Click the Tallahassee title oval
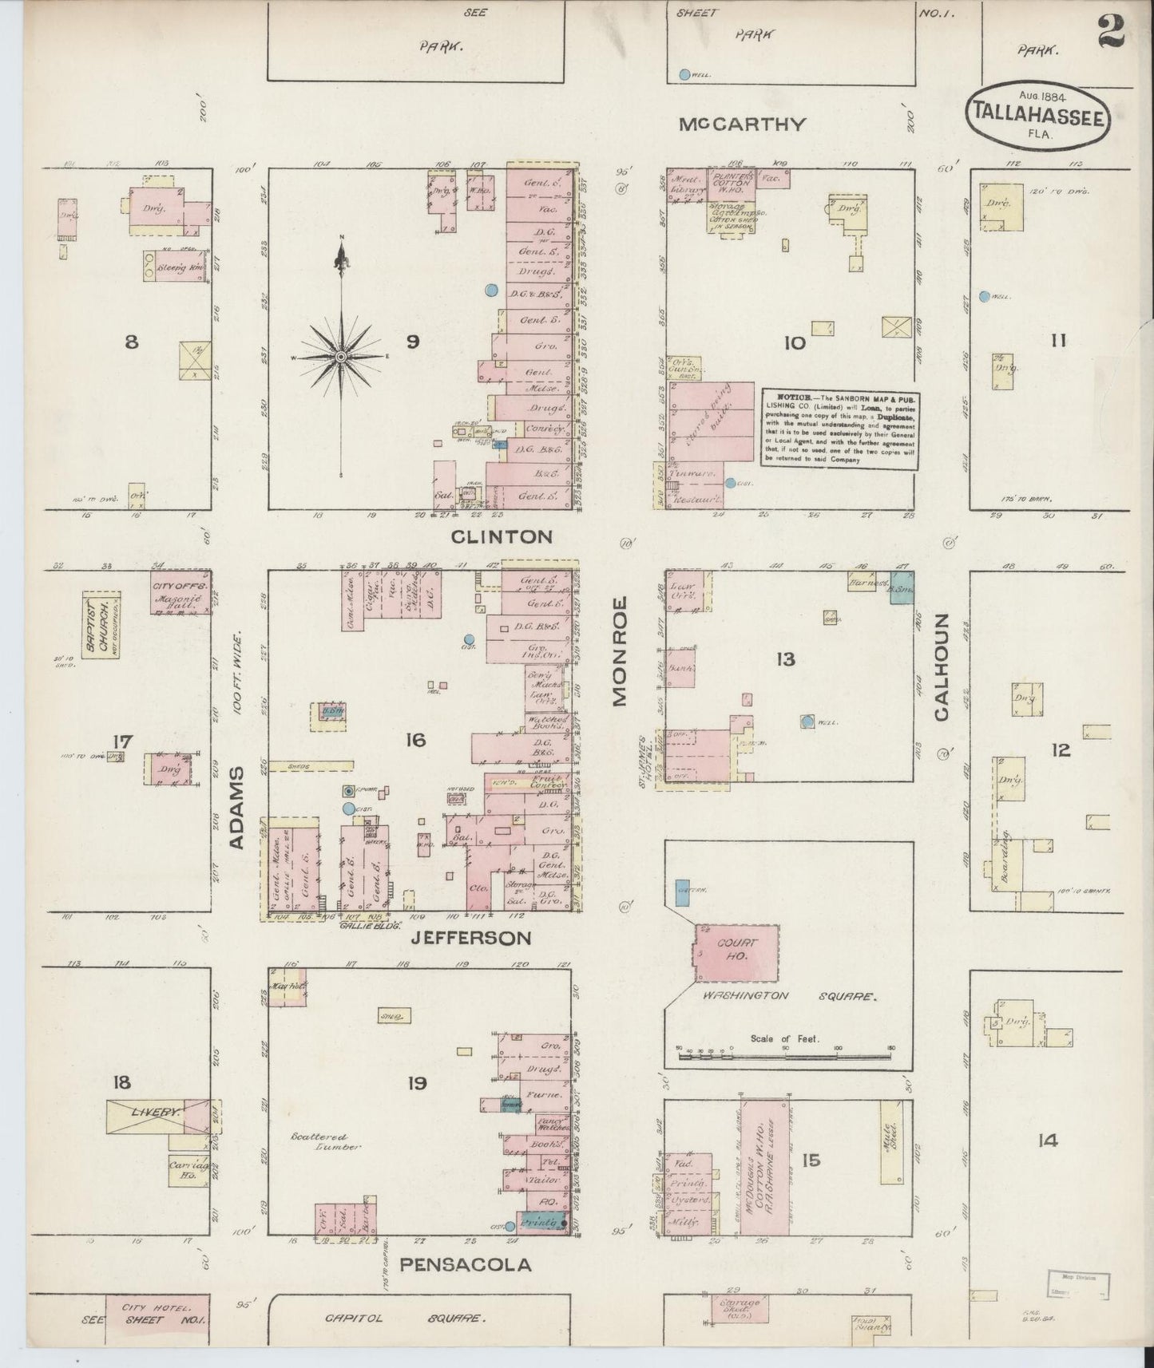(1038, 117)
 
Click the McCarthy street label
(742, 125)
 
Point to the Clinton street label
(502, 536)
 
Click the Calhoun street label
(942, 667)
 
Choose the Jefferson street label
(470, 938)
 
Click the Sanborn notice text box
(839, 428)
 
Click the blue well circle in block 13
(807, 722)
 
